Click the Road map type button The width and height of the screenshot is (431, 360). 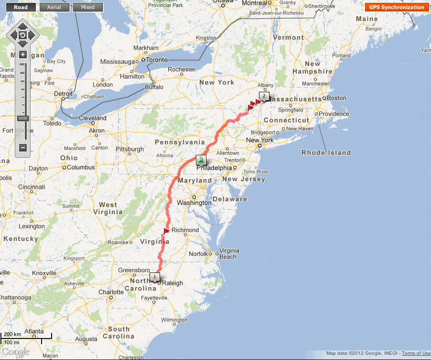20,7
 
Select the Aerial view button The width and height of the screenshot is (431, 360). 54,7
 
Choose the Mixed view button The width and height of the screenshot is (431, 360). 88,7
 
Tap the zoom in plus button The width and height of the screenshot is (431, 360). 22,55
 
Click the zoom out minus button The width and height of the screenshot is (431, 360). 22,148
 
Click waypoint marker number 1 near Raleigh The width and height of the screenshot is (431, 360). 154,277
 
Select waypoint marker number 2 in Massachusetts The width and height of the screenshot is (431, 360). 264,96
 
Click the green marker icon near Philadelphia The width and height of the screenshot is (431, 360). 202,160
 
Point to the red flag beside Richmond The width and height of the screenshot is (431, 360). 166,231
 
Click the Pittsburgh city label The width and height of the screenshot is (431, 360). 129,149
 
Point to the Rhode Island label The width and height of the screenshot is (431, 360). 326,153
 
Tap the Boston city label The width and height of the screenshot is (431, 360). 336,98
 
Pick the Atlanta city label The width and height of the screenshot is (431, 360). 34,331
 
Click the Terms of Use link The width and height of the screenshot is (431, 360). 416,353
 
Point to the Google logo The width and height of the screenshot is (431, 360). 15,352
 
